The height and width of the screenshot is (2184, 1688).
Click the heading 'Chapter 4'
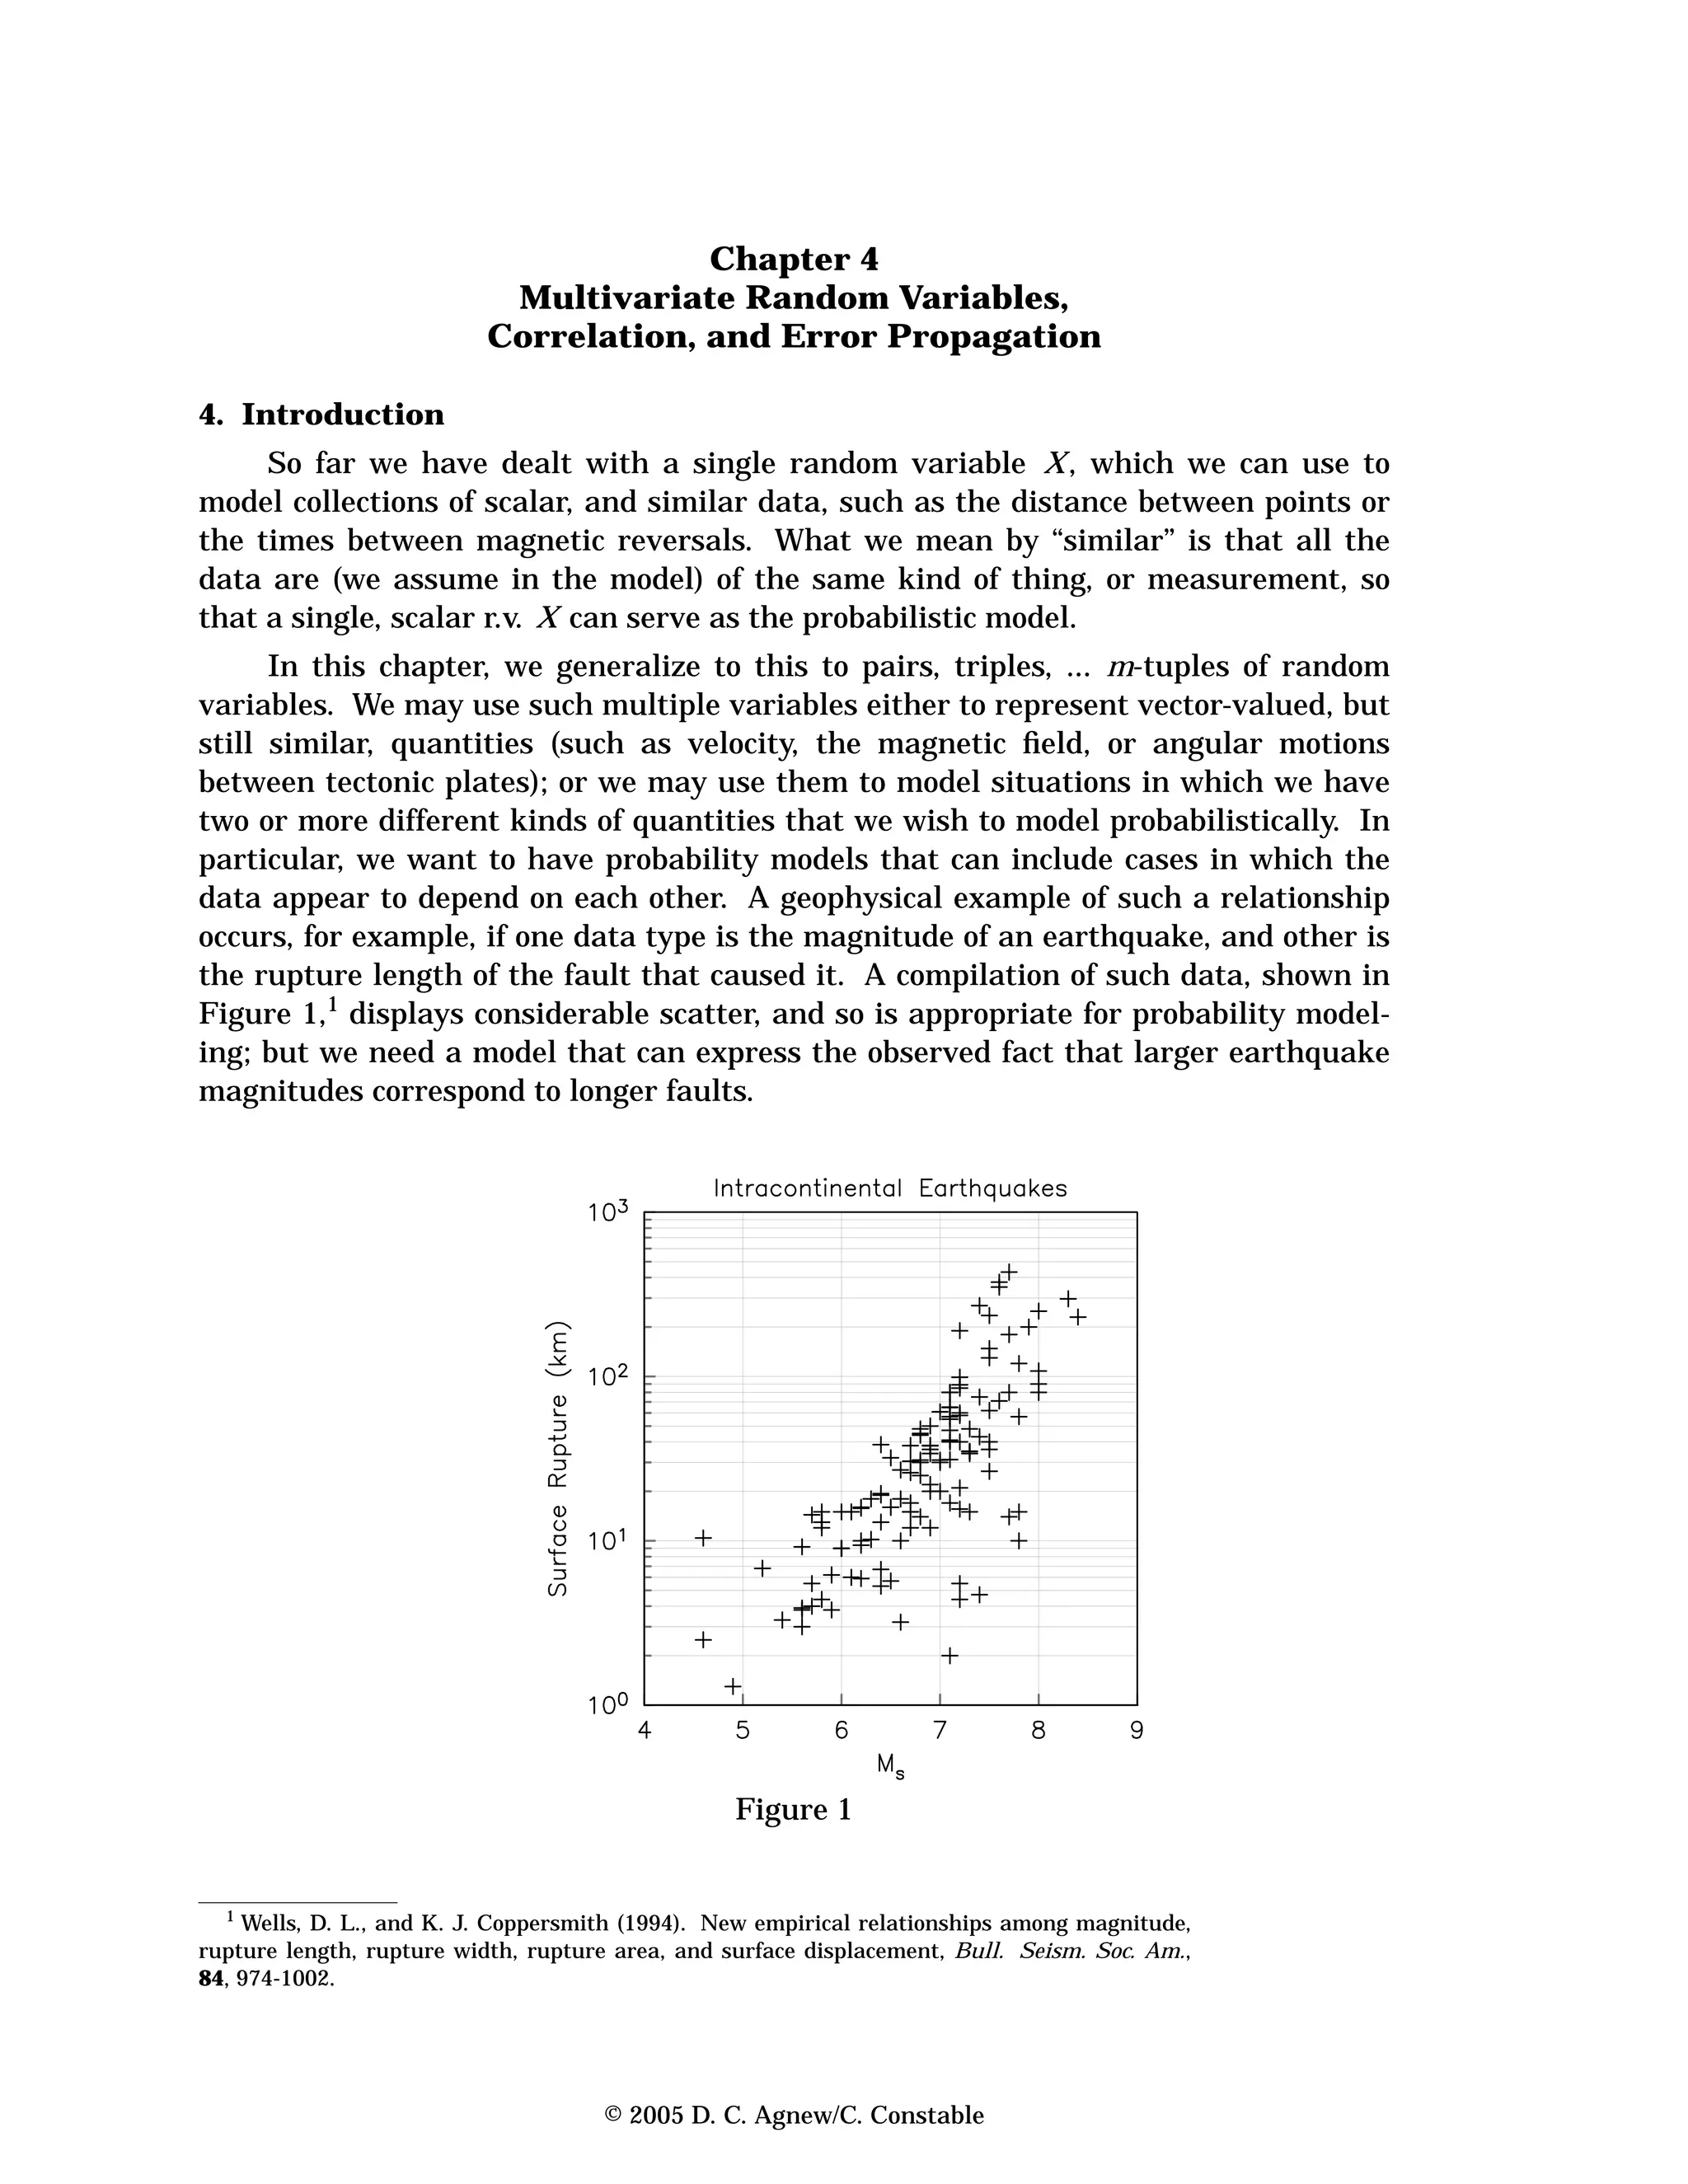coord(794,260)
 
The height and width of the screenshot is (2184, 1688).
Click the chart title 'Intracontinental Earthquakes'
coord(890,1189)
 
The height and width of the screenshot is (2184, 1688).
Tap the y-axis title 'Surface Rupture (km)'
coord(558,1459)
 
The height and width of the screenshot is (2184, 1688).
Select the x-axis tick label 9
coord(1136,1731)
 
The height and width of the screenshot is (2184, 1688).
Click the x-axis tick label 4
coord(644,1731)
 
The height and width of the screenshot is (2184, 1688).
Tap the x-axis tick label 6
coord(841,1731)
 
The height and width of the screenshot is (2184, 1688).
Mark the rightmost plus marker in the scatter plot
coord(1078,1317)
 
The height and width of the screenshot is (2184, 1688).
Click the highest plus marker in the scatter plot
coord(1009,1272)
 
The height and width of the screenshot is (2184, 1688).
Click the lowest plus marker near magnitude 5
coord(733,1686)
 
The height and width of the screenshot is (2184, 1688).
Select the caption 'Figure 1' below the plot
coord(793,1838)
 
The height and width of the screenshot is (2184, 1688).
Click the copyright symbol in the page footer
coord(614,2115)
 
